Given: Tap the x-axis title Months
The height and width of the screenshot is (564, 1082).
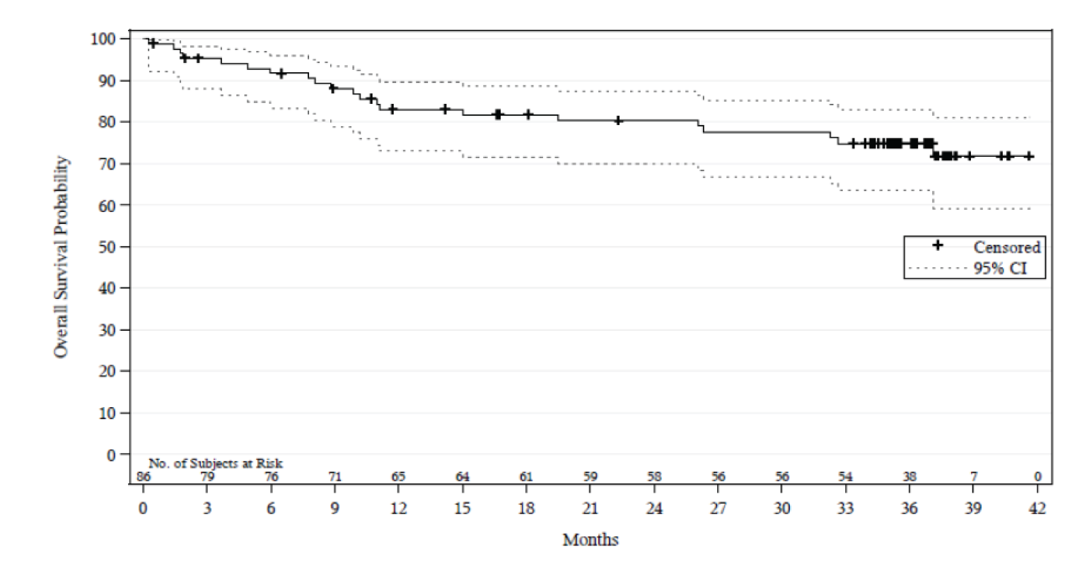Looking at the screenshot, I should tap(590, 540).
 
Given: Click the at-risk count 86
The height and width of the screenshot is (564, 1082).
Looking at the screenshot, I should tap(144, 477).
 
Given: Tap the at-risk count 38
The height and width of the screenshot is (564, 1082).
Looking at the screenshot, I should tap(909, 477).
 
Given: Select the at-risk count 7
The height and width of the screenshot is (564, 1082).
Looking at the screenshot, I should tap(973, 477).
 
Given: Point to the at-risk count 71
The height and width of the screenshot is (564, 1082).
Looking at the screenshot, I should tap(335, 477).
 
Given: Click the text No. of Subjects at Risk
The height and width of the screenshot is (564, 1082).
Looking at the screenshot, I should tap(216, 464).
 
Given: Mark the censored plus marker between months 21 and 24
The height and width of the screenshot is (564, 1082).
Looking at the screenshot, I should tap(618, 120).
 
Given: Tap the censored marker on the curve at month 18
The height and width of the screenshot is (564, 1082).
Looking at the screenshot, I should tap(528, 114).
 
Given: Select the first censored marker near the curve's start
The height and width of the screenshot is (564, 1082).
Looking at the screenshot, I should tap(153, 44).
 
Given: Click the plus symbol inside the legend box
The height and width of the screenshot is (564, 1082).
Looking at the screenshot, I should tap(938, 246).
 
